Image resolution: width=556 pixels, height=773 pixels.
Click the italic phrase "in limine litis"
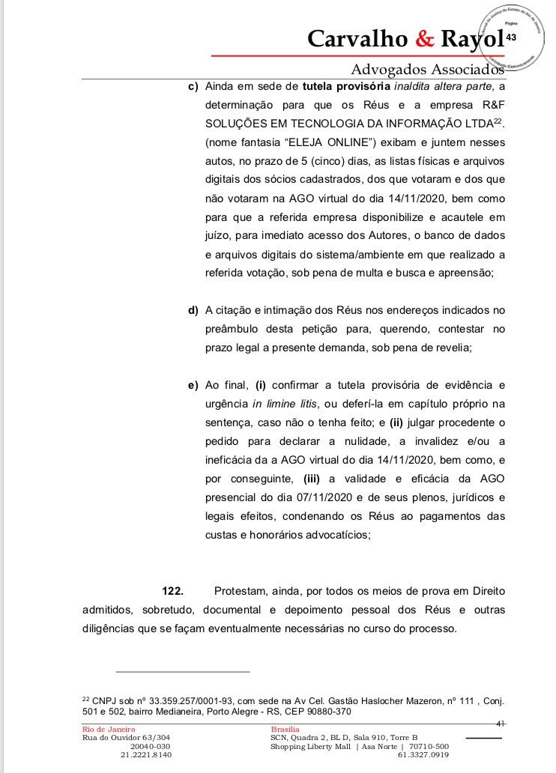point(285,404)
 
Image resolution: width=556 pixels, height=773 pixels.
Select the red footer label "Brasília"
point(285,729)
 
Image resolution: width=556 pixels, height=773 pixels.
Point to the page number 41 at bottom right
point(501,723)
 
